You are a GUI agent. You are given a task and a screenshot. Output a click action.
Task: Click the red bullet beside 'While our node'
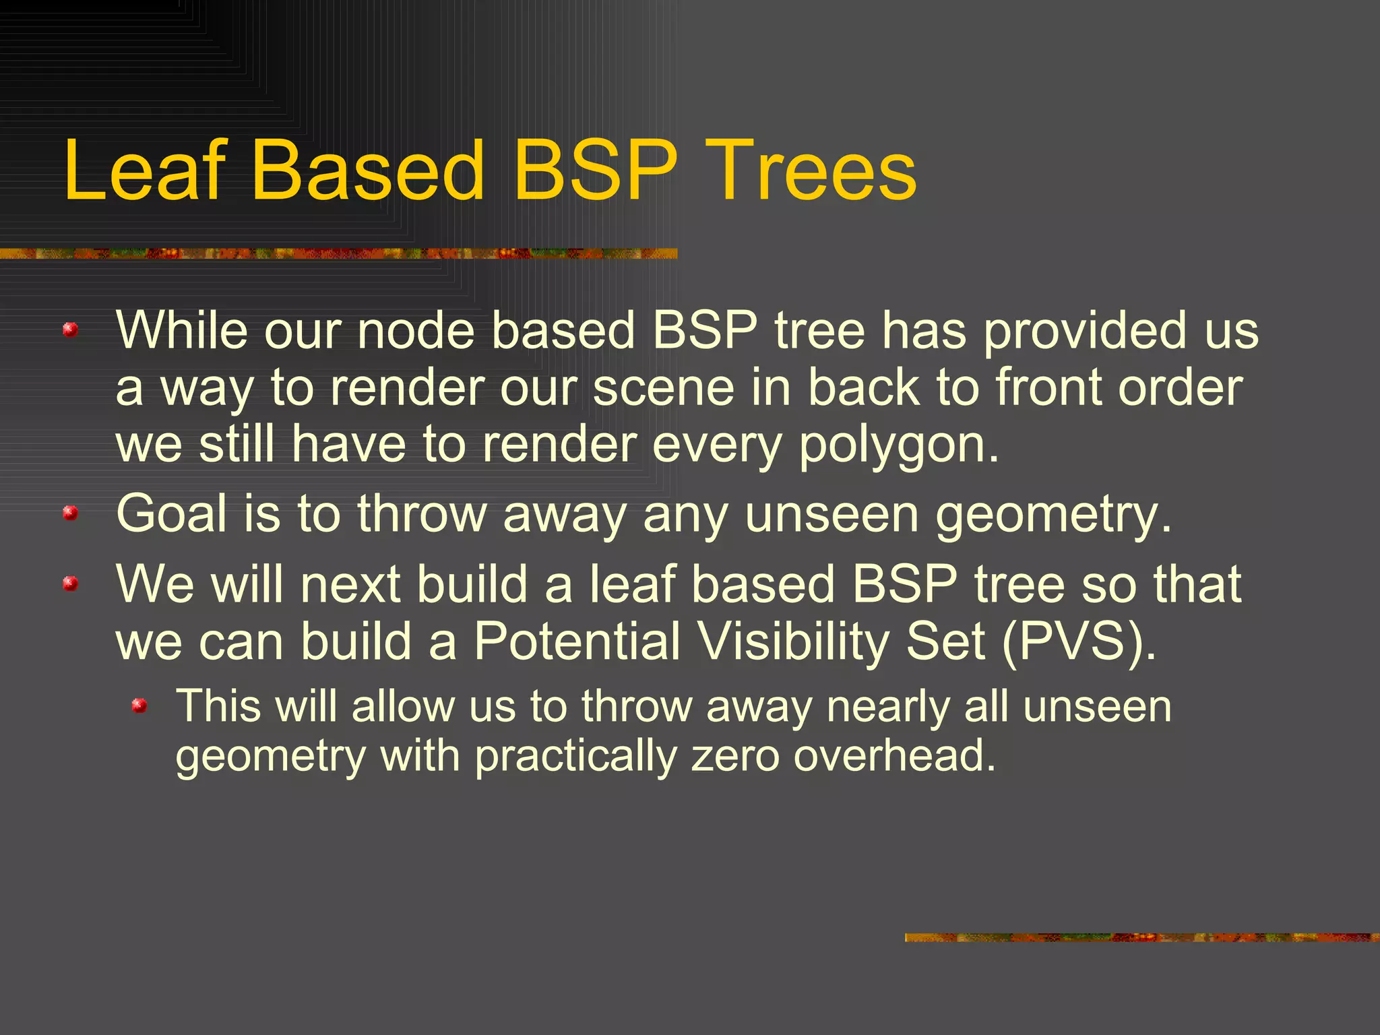70,330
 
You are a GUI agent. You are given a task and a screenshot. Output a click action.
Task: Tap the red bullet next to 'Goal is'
70,513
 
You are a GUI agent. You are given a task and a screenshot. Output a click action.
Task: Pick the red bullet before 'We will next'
70,583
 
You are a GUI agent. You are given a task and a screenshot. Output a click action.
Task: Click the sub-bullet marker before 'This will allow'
139,705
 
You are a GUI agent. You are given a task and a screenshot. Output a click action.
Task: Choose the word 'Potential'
577,641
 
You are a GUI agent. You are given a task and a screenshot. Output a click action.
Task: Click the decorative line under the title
338,253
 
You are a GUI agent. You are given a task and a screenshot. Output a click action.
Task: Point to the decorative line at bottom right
1142,937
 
